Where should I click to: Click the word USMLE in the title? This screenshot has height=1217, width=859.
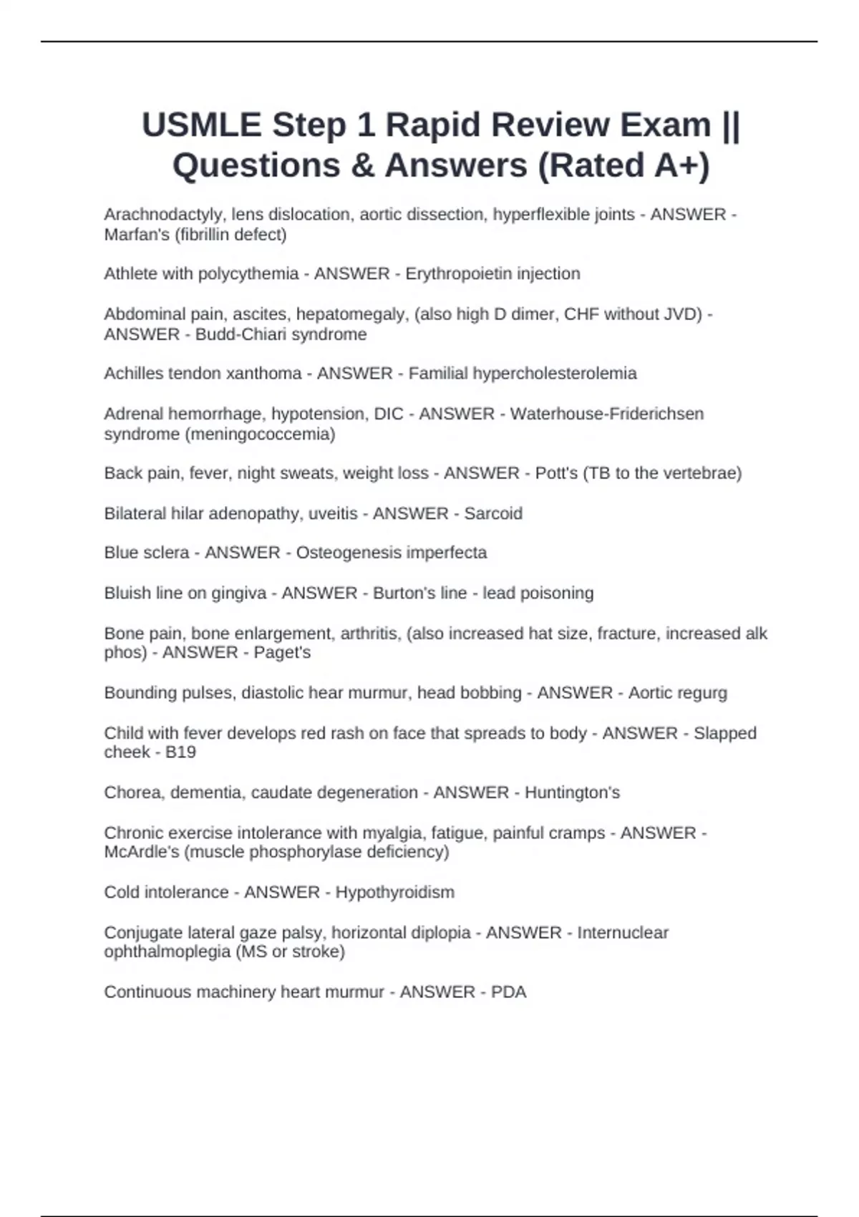(x=202, y=125)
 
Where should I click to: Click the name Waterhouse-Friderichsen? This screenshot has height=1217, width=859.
(x=606, y=414)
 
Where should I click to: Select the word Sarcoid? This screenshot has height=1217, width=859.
(x=493, y=513)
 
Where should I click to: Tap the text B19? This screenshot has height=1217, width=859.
(x=180, y=752)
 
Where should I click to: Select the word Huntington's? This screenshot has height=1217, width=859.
(x=572, y=792)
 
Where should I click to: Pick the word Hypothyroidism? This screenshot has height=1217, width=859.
(x=394, y=892)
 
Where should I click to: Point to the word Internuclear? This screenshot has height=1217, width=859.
(x=623, y=933)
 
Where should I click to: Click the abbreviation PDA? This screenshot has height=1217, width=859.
(x=508, y=992)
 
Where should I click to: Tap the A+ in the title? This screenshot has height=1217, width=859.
(x=674, y=166)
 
